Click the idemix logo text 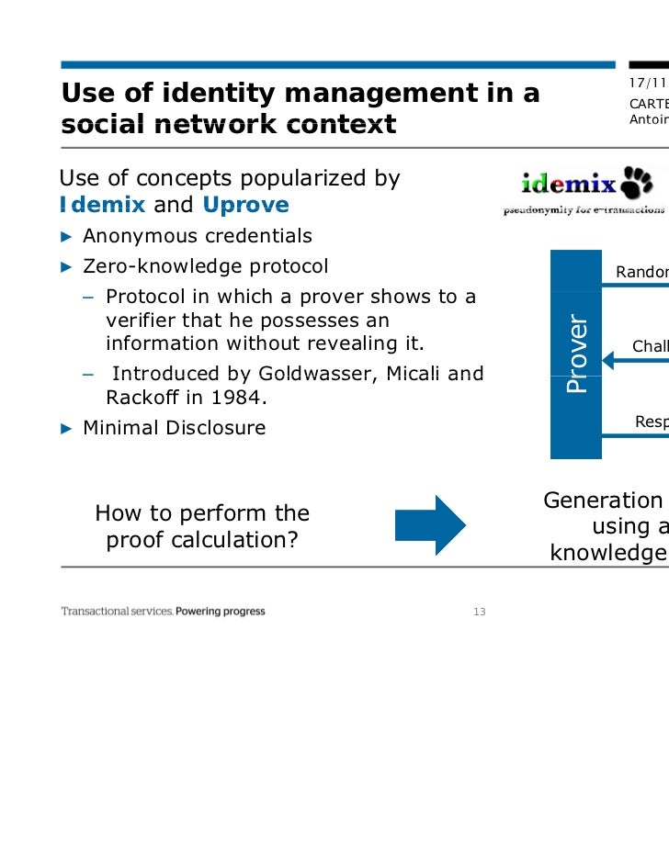(569, 184)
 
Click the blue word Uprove (245, 205)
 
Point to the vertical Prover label (576, 354)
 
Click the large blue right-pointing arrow (431, 525)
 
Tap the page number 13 (478, 613)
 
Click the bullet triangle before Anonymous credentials (65, 237)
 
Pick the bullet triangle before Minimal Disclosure (65, 428)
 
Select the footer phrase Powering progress (221, 612)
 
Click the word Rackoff (142, 398)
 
